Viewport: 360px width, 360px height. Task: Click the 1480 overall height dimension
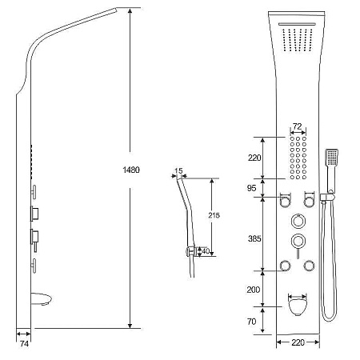(131, 170)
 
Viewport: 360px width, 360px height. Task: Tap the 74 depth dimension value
(24, 344)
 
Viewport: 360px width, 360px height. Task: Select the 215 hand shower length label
(214, 215)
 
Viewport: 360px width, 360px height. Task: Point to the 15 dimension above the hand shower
(178, 170)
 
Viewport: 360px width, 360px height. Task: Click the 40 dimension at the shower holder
(206, 251)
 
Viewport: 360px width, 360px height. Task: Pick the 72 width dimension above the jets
(297, 126)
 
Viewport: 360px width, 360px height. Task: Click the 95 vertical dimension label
(251, 188)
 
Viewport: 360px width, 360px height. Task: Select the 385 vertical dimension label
(254, 238)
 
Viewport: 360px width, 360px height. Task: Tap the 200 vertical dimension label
(254, 290)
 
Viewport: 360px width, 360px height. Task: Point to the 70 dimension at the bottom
(251, 322)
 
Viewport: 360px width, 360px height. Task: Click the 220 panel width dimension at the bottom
(298, 342)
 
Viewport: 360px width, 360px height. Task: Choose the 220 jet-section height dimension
(254, 158)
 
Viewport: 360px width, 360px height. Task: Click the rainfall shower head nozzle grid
(298, 40)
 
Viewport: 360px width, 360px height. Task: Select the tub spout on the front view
(298, 306)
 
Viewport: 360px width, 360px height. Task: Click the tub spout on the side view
(41, 298)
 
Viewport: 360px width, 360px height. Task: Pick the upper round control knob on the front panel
(298, 221)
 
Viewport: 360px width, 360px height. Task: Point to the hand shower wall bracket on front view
(326, 197)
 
